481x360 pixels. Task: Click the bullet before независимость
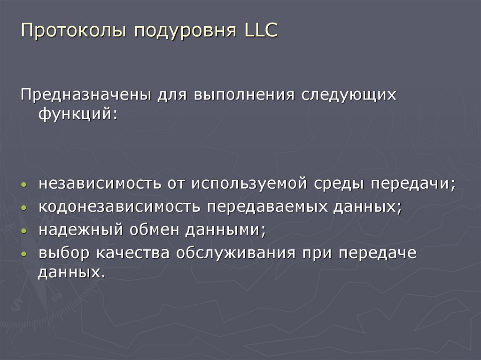pyautogui.click(x=24, y=185)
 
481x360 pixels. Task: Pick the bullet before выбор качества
pyautogui.click(x=24, y=254)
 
